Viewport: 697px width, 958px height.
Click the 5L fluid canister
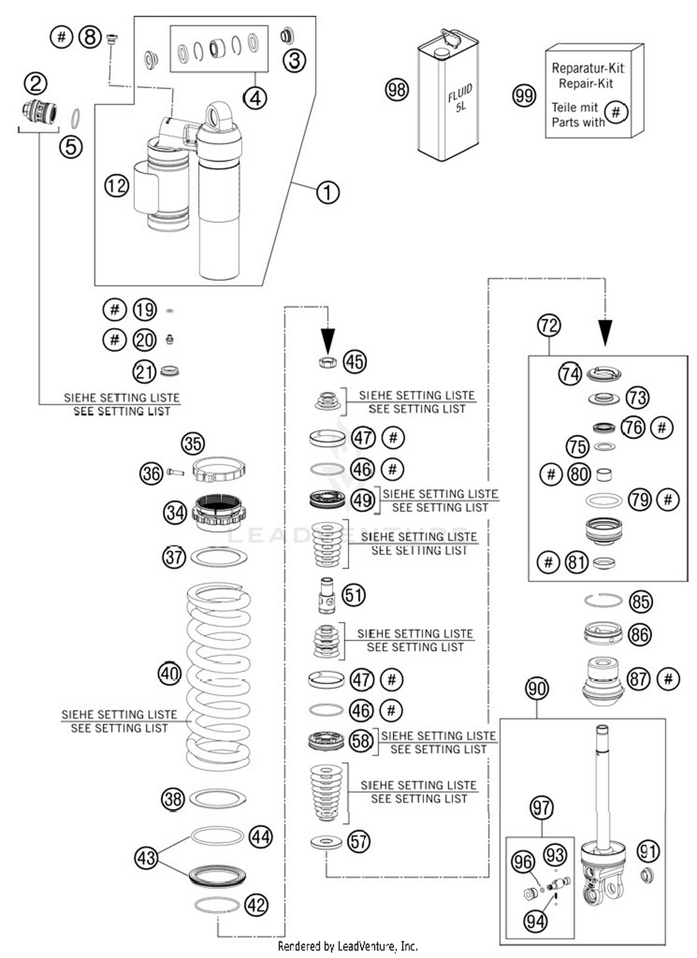point(448,100)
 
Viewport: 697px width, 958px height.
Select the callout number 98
point(397,89)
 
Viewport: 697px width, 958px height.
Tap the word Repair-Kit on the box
point(585,84)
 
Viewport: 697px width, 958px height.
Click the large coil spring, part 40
point(218,676)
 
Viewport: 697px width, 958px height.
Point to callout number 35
point(193,443)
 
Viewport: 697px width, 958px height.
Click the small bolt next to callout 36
point(175,472)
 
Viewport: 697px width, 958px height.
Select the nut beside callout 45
point(328,362)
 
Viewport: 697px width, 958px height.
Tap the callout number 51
point(354,595)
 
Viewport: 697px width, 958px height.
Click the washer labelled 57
point(326,841)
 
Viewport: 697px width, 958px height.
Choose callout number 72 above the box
point(549,325)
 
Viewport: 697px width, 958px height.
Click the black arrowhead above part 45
point(328,340)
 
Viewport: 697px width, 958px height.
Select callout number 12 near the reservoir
point(116,186)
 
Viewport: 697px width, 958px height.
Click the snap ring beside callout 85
point(603,600)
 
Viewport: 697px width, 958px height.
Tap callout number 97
point(542,807)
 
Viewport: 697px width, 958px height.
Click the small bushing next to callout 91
point(647,875)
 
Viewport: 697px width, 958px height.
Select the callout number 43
point(146,858)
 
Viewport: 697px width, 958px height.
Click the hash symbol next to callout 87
point(668,679)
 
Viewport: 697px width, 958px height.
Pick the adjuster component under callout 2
point(40,112)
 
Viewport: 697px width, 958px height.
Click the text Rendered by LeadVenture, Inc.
point(348,946)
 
